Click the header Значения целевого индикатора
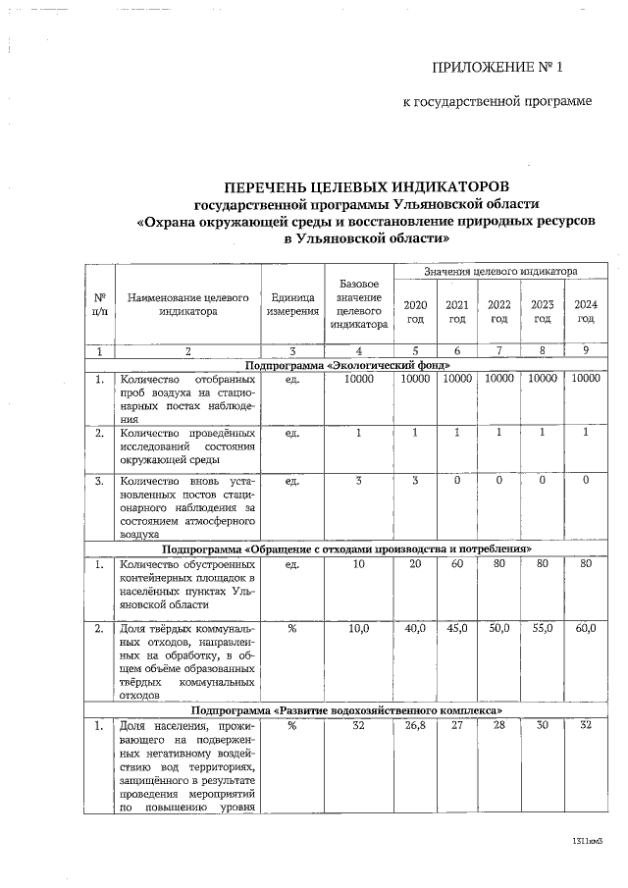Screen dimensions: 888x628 499,270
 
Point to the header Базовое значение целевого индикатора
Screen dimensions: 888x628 359,303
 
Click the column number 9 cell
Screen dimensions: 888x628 586,350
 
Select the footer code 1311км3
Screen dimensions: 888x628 587,842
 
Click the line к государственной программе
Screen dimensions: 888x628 497,102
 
